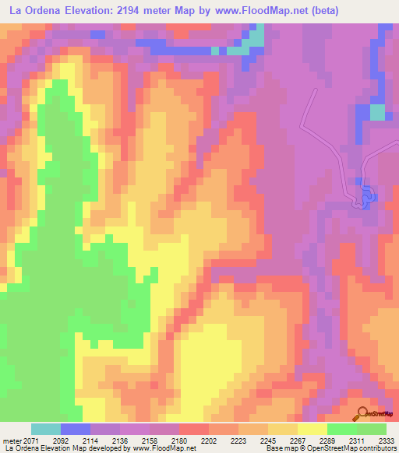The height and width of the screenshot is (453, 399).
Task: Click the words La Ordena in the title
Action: point(36,11)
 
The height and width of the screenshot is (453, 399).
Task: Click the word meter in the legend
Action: point(12,441)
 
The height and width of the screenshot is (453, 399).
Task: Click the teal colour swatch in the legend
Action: point(46,430)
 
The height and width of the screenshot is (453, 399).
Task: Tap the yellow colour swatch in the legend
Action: point(312,430)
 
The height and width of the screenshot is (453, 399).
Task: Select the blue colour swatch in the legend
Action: point(76,430)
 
